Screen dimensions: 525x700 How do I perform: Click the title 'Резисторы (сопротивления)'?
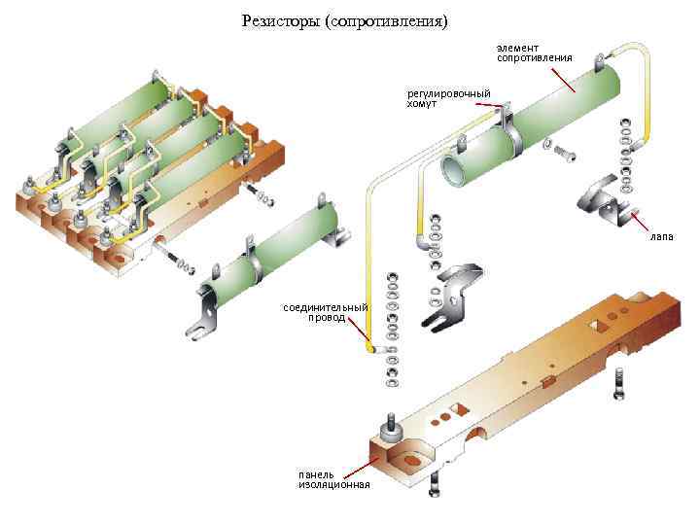click(x=345, y=20)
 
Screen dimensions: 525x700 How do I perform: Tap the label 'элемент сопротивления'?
click(x=534, y=52)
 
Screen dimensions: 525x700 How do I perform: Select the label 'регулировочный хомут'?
click(x=448, y=97)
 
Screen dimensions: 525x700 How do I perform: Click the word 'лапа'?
click(x=662, y=236)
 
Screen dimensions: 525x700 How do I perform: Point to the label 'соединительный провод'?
click(x=325, y=312)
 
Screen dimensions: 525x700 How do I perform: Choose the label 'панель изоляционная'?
click(x=333, y=479)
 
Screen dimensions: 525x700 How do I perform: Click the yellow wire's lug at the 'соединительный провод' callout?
click(x=369, y=347)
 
